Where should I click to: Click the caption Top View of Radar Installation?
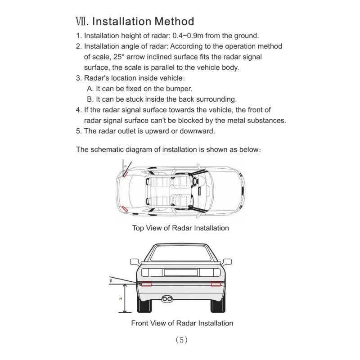(x=180, y=228)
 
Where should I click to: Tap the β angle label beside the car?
(x=111, y=280)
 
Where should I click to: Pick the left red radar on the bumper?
(x=147, y=284)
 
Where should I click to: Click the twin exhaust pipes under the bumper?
(x=167, y=298)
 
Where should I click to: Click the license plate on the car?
(x=180, y=272)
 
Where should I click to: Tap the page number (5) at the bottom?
(x=180, y=340)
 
